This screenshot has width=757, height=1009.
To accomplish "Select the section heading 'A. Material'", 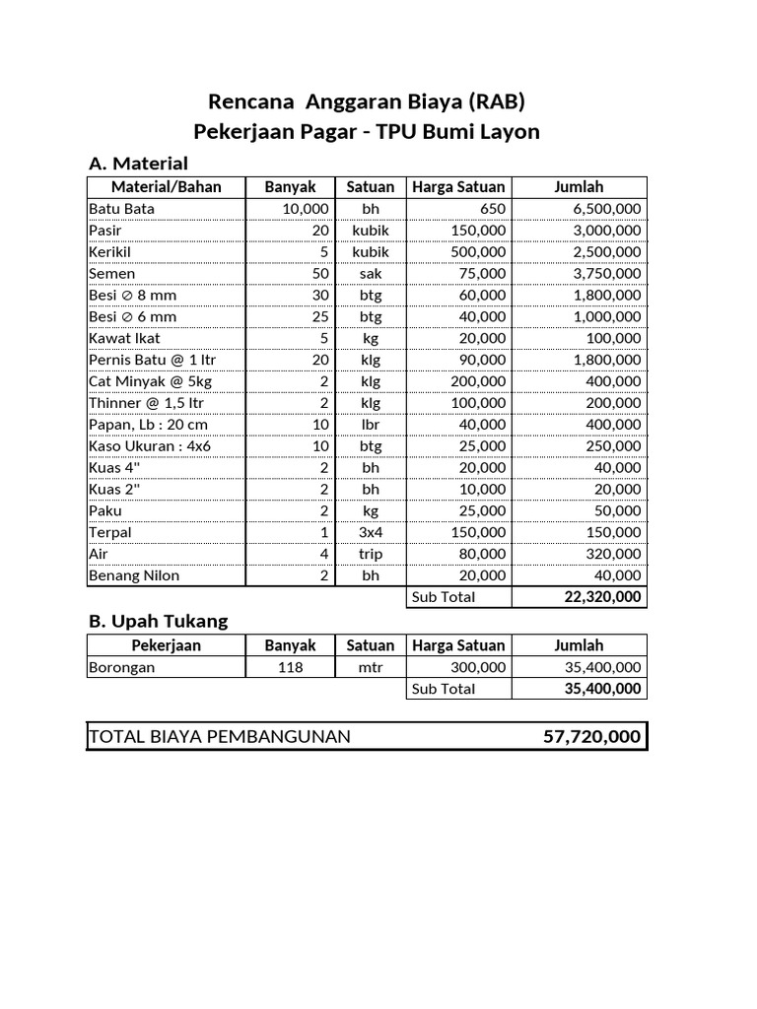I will (x=138, y=163).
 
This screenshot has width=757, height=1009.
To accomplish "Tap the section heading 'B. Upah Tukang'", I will (x=158, y=621).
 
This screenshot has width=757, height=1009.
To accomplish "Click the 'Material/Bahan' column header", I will (x=166, y=187).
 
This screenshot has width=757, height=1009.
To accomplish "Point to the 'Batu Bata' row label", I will (x=121, y=209).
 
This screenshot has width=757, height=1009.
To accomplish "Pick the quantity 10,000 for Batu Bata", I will (x=305, y=209).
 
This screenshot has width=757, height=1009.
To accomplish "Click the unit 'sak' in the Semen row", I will (x=371, y=274).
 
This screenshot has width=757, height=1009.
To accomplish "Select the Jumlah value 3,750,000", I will (x=606, y=274).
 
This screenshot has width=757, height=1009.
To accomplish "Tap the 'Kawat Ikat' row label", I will (x=124, y=338).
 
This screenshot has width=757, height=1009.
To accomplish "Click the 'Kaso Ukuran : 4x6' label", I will (x=150, y=446).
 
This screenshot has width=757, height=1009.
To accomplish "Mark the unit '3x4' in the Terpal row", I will (x=371, y=532).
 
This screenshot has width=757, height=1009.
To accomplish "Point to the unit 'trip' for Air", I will (x=371, y=554).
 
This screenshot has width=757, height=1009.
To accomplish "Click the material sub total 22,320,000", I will (x=602, y=597).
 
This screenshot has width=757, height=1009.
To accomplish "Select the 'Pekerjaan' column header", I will (x=166, y=645).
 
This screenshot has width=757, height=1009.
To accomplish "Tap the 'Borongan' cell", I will (x=121, y=667).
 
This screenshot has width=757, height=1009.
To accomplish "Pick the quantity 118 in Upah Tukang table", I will (x=290, y=667).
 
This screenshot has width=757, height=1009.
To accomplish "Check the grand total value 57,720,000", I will (x=591, y=737).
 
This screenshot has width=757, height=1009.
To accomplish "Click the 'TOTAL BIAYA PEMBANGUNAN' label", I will (x=219, y=737).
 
